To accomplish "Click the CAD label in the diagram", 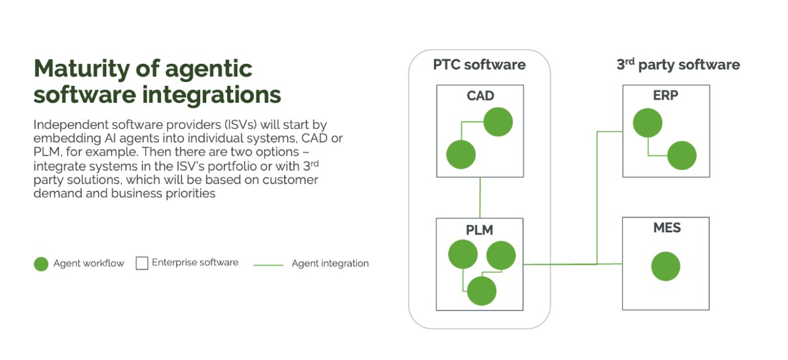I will pyautogui.click(x=480, y=96).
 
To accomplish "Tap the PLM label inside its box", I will pyautogui.click(x=479, y=230).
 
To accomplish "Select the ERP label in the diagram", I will pyautogui.click(x=665, y=95).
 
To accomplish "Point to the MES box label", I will pyautogui.click(x=666, y=228).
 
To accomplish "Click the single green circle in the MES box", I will pyautogui.click(x=666, y=267).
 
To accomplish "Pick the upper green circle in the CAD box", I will pyautogui.click(x=498, y=122).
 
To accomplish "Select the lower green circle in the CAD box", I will pyautogui.click(x=461, y=154).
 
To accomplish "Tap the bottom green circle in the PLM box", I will pyautogui.click(x=481, y=291).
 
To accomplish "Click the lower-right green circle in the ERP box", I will pyautogui.click(x=682, y=155).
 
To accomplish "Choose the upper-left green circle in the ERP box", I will pyautogui.click(x=647, y=123).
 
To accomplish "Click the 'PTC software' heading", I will pyautogui.click(x=479, y=65).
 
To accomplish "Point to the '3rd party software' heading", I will pyautogui.click(x=678, y=65).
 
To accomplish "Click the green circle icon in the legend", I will pyautogui.click(x=41, y=264).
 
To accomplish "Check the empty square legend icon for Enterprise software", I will pyautogui.click(x=142, y=263).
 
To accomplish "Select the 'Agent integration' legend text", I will pyautogui.click(x=330, y=263).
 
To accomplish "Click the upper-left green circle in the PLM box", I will pyautogui.click(x=463, y=255).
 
